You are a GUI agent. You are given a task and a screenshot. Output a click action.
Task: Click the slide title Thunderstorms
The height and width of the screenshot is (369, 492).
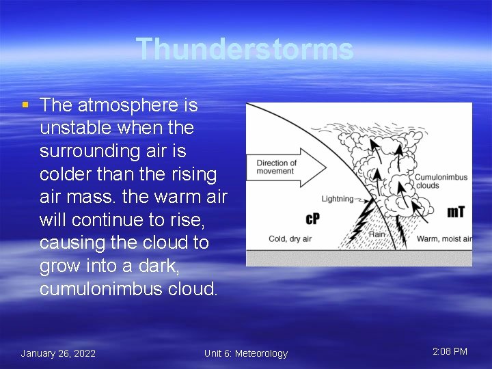[x=245, y=49]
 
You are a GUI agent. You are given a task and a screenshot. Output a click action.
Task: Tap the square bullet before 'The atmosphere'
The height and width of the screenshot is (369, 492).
[x=25, y=105]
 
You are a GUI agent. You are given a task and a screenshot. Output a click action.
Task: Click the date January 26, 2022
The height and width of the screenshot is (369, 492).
[x=58, y=353]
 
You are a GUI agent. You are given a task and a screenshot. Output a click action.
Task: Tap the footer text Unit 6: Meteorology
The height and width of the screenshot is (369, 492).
[x=246, y=353]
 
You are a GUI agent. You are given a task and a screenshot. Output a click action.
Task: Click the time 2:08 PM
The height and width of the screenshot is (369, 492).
[x=450, y=351]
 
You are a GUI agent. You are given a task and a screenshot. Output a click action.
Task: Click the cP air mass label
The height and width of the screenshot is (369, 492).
[x=312, y=219]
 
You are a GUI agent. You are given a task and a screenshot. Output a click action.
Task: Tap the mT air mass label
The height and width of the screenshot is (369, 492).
[x=456, y=212]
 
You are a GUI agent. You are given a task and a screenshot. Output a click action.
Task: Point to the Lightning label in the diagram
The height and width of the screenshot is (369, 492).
[x=337, y=199]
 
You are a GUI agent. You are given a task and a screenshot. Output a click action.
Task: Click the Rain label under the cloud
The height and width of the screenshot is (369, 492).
[x=377, y=234]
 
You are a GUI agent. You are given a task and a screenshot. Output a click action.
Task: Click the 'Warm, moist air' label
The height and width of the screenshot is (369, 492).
[x=444, y=238]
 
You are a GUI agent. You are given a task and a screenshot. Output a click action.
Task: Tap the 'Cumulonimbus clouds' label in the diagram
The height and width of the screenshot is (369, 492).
[x=441, y=181]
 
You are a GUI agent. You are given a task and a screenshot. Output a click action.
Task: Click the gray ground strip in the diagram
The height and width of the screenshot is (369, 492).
[x=359, y=258]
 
